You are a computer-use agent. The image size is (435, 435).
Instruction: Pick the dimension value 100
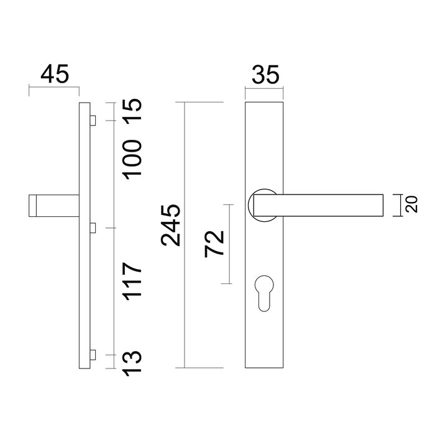[133, 159]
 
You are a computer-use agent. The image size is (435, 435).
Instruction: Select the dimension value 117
[133, 282]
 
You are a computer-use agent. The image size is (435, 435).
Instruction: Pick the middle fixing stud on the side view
[92, 228]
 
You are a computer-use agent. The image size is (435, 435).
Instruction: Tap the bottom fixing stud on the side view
[92, 355]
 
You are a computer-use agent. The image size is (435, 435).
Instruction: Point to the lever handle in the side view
[53, 206]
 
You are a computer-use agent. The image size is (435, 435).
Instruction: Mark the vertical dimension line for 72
[230, 244]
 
